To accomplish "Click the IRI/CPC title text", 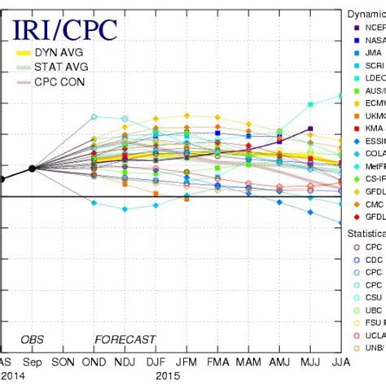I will pos(65,32).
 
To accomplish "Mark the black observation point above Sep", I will pos(31,168).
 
